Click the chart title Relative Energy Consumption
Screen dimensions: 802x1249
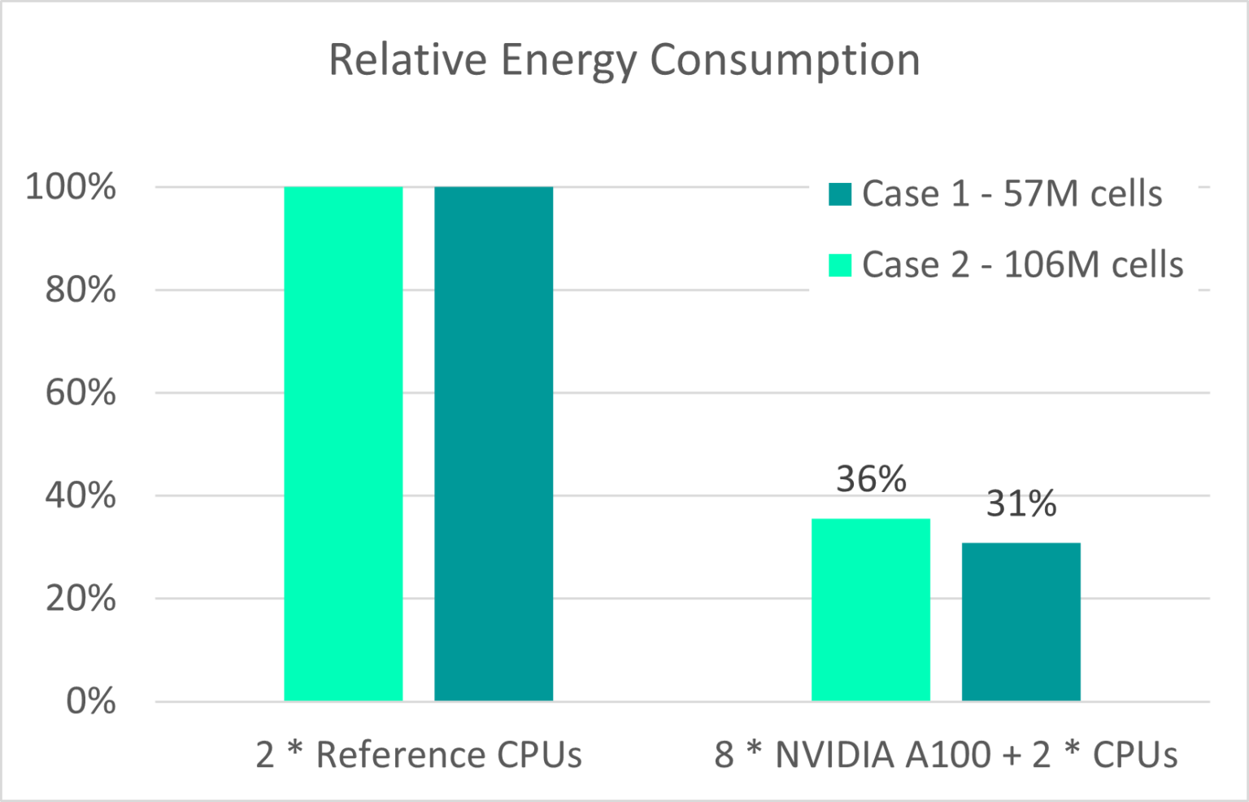point(624,60)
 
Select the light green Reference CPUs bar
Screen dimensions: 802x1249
point(343,443)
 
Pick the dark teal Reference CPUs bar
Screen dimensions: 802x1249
point(494,443)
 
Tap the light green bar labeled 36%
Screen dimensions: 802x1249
point(871,609)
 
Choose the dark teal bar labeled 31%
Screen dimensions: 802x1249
point(1021,621)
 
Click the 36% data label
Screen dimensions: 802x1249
point(871,479)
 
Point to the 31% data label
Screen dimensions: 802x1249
point(1021,504)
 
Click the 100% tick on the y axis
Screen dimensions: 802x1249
point(71,187)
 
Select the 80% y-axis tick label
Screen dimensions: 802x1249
point(80,290)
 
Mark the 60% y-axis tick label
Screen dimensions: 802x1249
point(80,393)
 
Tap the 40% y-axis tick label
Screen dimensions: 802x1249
point(80,495)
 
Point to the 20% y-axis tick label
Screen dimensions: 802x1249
point(80,599)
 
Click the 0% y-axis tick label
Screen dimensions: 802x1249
point(90,701)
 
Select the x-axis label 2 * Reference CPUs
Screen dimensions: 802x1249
point(419,755)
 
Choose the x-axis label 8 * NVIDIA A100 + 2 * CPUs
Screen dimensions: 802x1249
point(946,755)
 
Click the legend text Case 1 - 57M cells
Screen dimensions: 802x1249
point(1012,194)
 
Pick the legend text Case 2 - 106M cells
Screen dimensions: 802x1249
point(1022,265)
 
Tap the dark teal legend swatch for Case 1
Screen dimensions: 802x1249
point(840,194)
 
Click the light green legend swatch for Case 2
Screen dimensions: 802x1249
point(840,265)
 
